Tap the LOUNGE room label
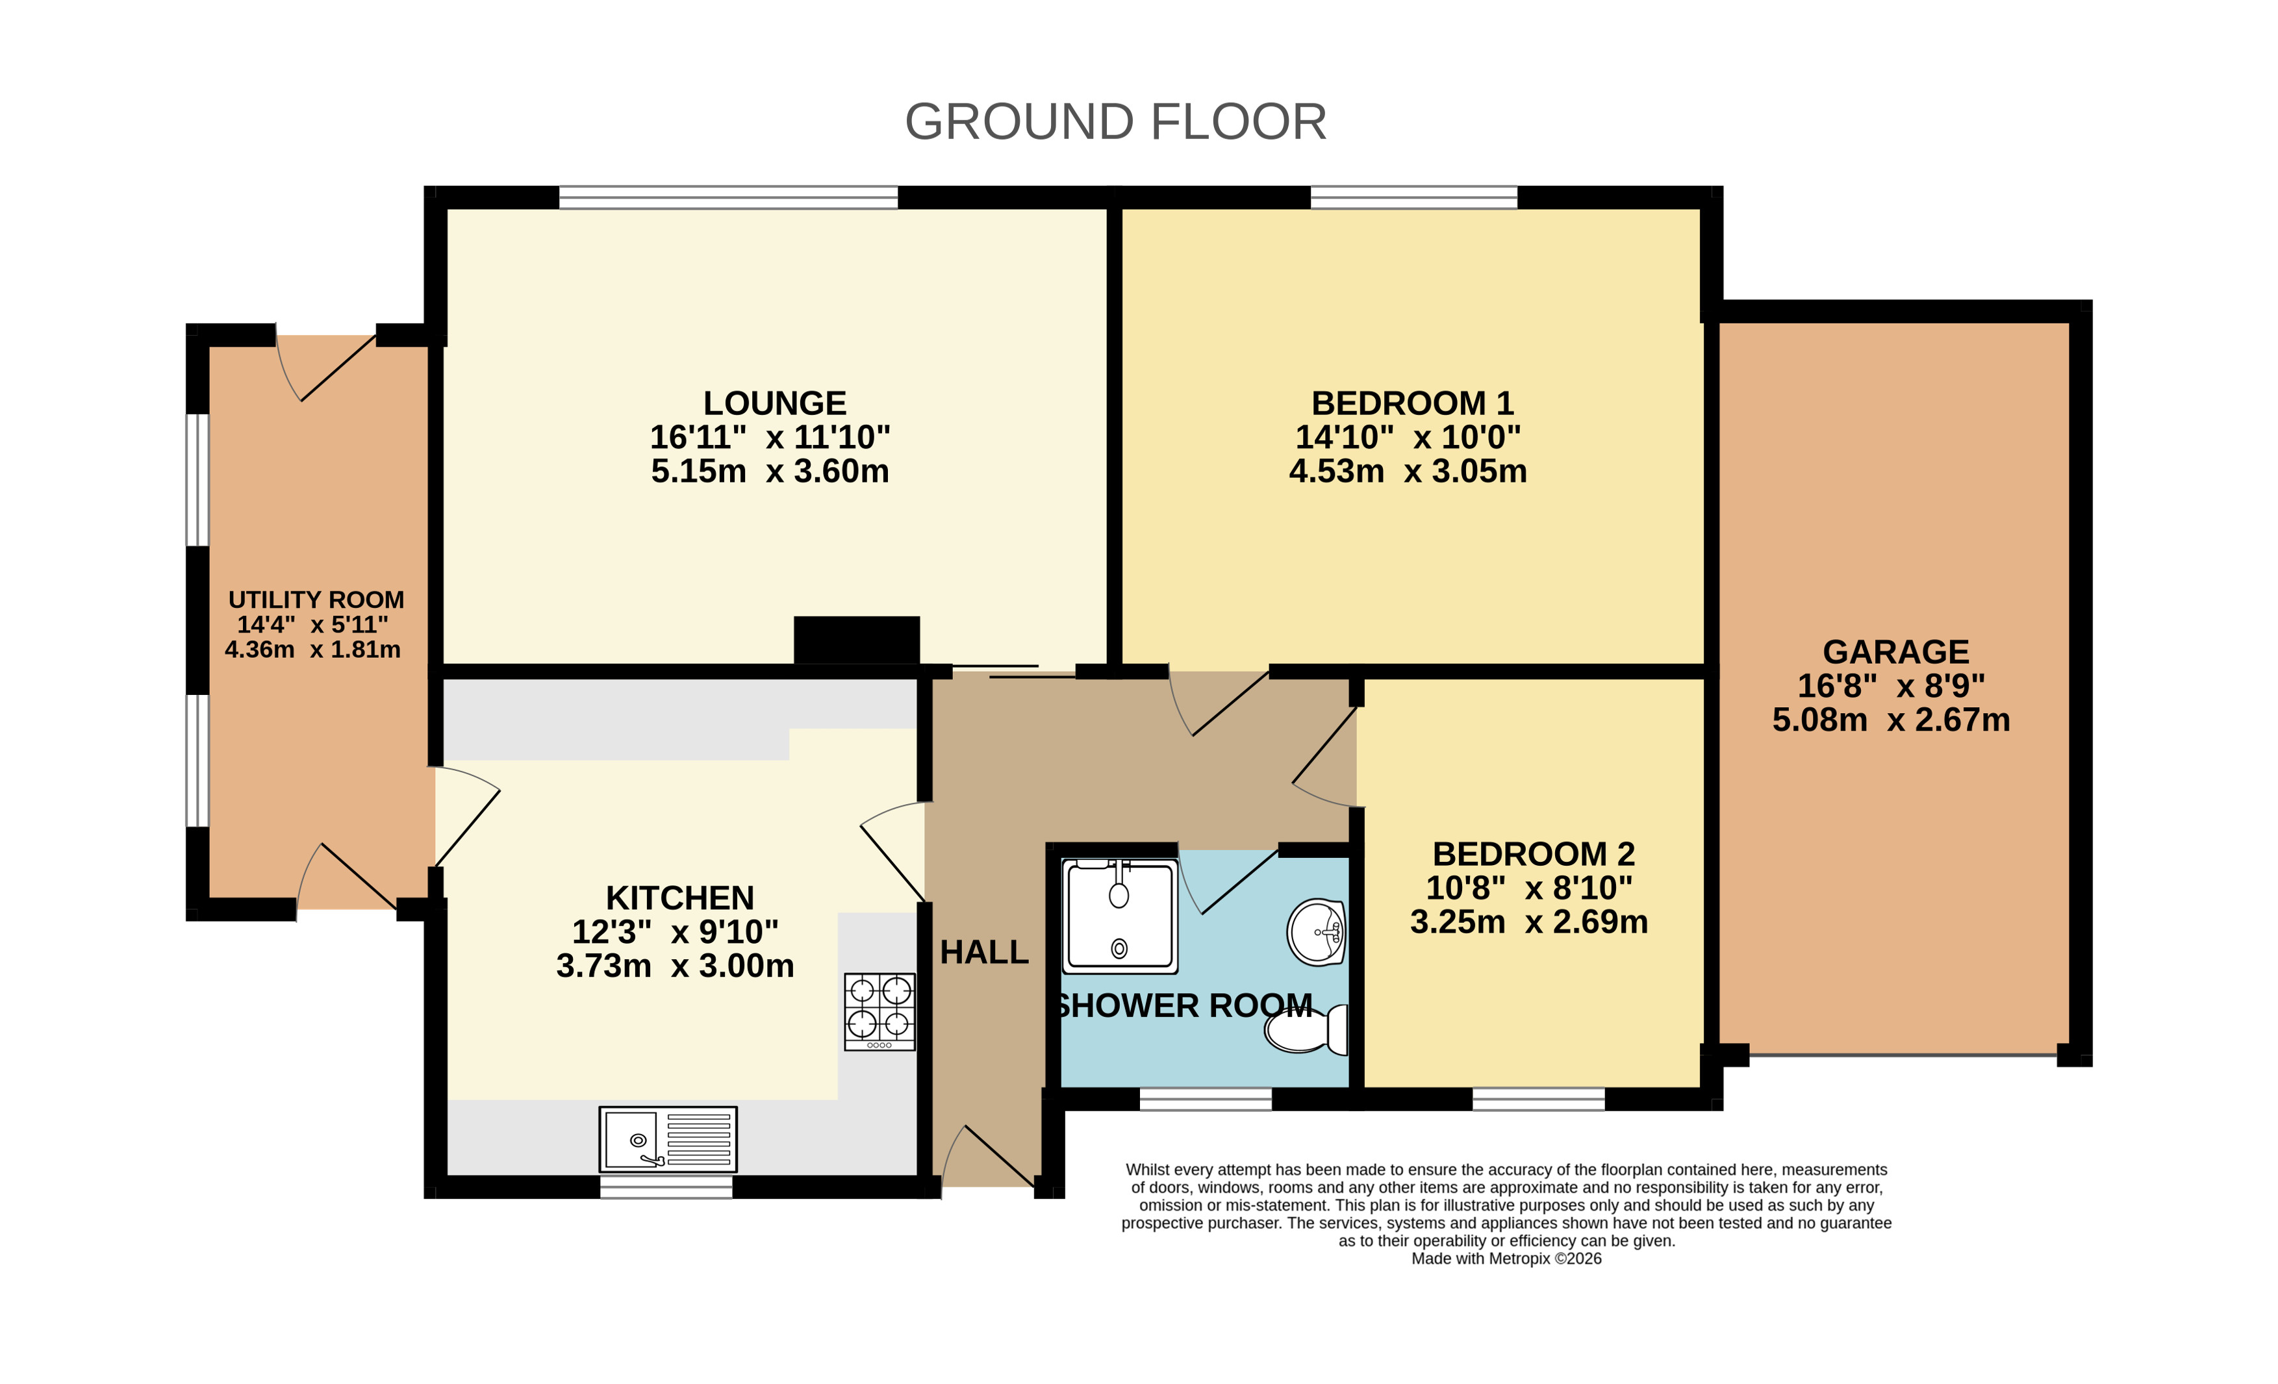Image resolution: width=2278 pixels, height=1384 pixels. pyautogui.click(x=775, y=403)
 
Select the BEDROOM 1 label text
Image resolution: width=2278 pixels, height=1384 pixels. pyautogui.click(x=1411, y=403)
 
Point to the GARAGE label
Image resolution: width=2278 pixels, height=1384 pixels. pyautogui.click(x=1895, y=652)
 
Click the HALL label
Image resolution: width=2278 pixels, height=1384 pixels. pyautogui.click(x=983, y=952)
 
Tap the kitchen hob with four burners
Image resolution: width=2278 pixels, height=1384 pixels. pyautogui.click(x=880, y=1011)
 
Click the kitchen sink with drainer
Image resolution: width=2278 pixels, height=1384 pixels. pyautogui.click(x=668, y=1139)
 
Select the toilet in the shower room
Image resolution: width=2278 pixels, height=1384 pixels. pyautogui.click(x=1306, y=1029)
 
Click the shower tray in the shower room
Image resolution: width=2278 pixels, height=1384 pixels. pyautogui.click(x=1120, y=915)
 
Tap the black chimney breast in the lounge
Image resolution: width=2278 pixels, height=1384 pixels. pyautogui.click(x=856, y=640)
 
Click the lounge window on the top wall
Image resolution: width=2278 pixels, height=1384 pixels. pyautogui.click(x=729, y=197)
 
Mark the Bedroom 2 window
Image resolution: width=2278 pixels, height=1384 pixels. pyautogui.click(x=1538, y=1098)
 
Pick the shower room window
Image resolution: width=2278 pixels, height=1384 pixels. pyautogui.click(x=1206, y=1098)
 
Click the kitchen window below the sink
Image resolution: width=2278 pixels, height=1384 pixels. pyautogui.click(x=666, y=1187)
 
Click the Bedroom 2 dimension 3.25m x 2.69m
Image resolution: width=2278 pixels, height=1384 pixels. pyautogui.click(x=1529, y=922)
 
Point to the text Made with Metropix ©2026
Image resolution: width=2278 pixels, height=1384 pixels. pyautogui.click(x=1506, y=1258)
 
